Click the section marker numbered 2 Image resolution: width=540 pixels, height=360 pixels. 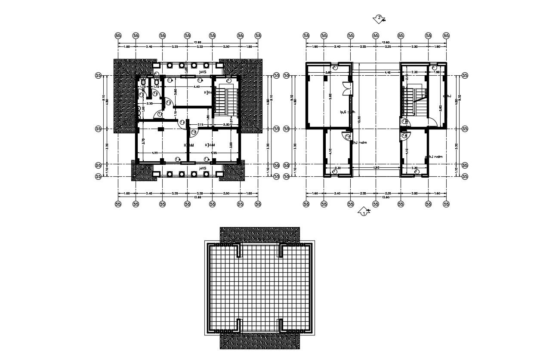379,18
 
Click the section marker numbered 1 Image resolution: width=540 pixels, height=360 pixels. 364,212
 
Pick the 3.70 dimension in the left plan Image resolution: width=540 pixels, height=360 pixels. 143,141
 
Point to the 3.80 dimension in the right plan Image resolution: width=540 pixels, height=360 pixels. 328,73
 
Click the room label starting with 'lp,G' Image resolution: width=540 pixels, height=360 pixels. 347,112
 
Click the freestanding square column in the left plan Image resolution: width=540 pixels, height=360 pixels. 161,129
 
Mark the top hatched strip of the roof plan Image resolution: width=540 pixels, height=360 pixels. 260,234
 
